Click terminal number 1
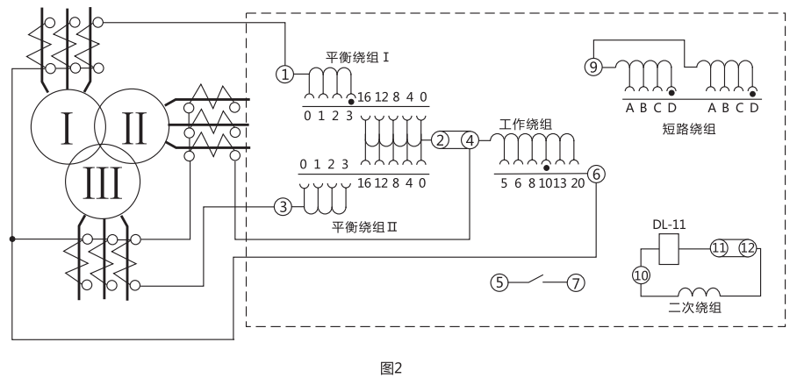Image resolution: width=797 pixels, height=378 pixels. coord(284,74)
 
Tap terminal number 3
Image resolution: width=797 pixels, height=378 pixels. coord(282,207)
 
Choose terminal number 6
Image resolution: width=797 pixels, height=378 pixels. coord(596,174)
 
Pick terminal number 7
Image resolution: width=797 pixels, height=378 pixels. coord(576,282)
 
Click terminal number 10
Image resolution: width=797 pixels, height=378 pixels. coord(640,275)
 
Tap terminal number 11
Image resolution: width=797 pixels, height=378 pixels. coord(718,248)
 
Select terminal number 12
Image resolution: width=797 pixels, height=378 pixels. coord(747,248)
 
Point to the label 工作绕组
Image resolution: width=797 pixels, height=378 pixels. coord(527,123)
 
